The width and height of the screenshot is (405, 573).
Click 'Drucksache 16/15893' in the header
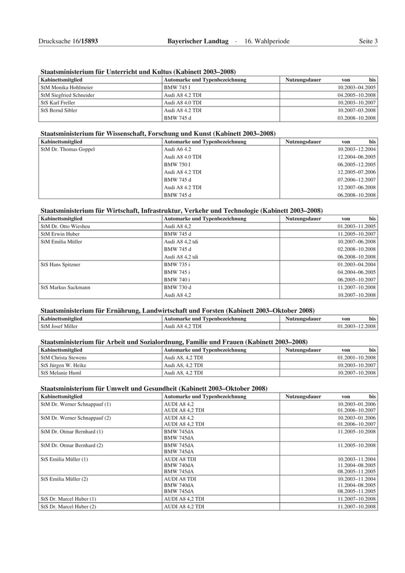[x=68, y=41]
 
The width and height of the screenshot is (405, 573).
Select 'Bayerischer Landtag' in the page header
[x=198, y=41]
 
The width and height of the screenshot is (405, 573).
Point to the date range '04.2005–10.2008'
[x=356, y=95]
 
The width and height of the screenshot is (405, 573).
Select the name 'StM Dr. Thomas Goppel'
[x=68, y=149]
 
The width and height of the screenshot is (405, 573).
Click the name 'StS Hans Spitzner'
[x=61, y=265]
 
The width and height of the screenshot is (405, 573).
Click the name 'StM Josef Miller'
[x=59, y=326]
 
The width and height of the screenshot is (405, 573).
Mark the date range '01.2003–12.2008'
[x=356, y=326]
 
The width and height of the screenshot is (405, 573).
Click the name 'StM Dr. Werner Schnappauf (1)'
[x=76, y=404]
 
